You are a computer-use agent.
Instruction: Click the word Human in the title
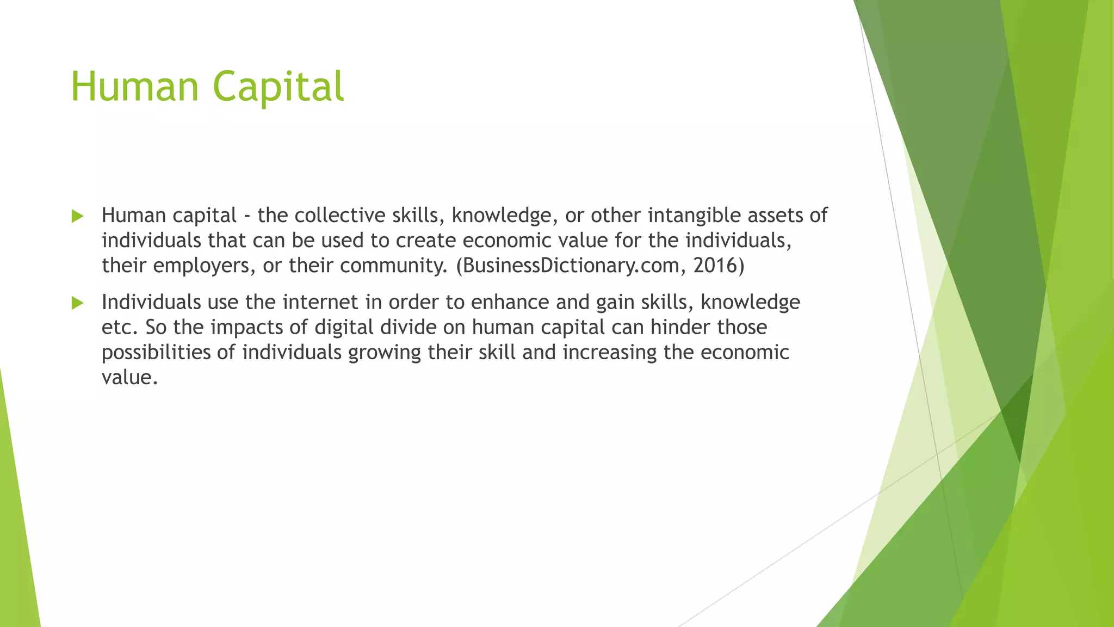tap(134, 87)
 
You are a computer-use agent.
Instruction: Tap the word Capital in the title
tap(278, 87)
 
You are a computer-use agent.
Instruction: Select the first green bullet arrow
tap(77, 217)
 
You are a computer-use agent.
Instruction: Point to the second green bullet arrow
tap(77, 303)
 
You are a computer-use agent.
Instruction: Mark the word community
tap(395, 266)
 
